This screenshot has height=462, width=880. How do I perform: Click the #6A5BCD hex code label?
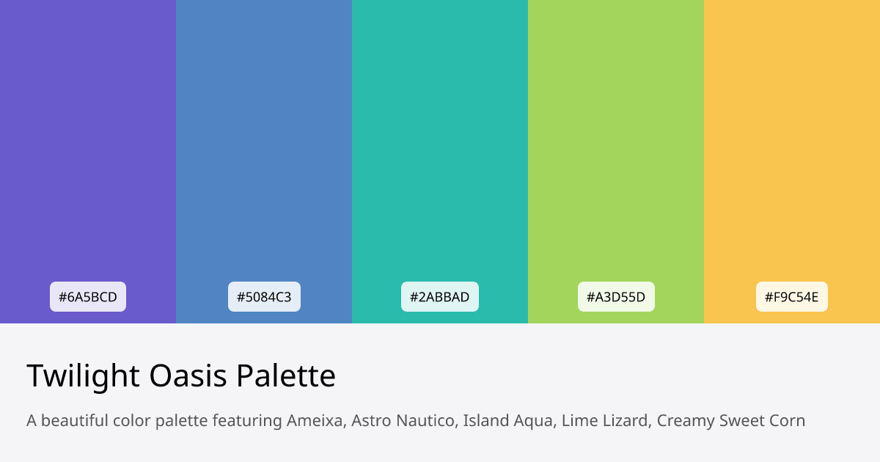click(x=88, y=297)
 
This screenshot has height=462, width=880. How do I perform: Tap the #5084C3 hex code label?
click(x=264, y=297)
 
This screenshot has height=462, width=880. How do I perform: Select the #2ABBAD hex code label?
click(x=440, y=297)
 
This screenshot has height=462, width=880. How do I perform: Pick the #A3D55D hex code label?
click(x=616, y=297)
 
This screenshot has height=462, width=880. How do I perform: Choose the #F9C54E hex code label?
click(x=792, y=297)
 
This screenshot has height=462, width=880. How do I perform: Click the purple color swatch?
click(x=88, y=147)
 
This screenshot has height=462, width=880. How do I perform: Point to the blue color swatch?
click(x=264, y=147)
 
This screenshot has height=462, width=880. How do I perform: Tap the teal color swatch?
click(x=440, y=147)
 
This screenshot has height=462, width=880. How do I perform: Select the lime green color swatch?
click(x=616, y=147)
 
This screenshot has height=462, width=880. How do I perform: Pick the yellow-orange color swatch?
click(x=792, y=147)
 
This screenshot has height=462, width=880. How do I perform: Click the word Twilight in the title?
click(x=83, y=376)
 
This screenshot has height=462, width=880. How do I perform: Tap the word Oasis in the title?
click(x=188, y=376)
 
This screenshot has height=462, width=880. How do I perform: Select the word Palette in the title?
click(x=286, y=376)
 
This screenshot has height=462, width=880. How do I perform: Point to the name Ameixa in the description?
click(x=315, y=421)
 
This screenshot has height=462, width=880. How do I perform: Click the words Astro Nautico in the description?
click(x=403, y=421)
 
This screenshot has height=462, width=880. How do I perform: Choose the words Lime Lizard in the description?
click(x=605, y=421)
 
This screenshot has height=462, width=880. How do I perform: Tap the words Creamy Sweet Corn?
click(x=731, y=421)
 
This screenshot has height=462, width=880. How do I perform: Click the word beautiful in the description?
click(x=76, y=421)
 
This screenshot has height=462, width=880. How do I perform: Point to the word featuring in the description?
click(x=247, y=421)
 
